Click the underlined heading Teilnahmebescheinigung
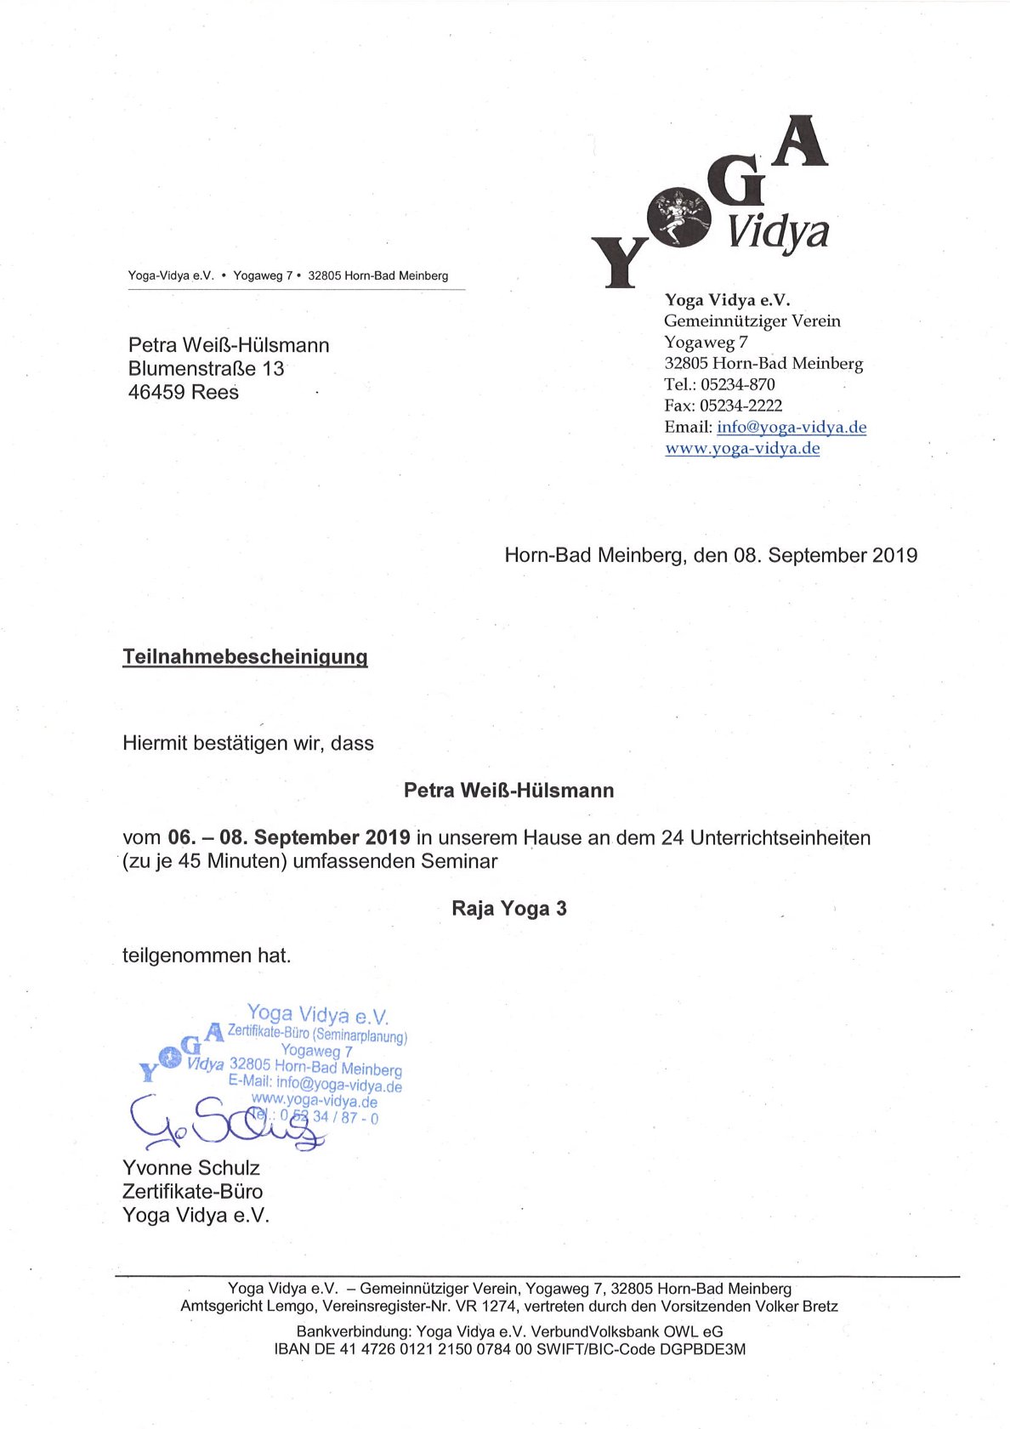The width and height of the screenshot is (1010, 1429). (245, 656)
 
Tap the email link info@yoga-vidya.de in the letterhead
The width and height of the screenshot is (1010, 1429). (791, 428)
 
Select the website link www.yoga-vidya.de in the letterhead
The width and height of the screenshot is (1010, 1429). (742, 449)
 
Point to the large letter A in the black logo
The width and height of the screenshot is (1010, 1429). (800, 142)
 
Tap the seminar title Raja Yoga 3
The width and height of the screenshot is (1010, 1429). (508, 909)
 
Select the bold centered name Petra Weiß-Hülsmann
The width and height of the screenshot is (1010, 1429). (508, 791)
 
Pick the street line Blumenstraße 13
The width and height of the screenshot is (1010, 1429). (206, 369)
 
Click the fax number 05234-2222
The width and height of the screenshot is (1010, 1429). (740, 406)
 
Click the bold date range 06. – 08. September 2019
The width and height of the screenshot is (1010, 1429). (289, 838)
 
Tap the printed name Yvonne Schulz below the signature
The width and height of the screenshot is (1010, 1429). (191, 1168)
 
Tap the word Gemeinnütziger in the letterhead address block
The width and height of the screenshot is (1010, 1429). (722, 321)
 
